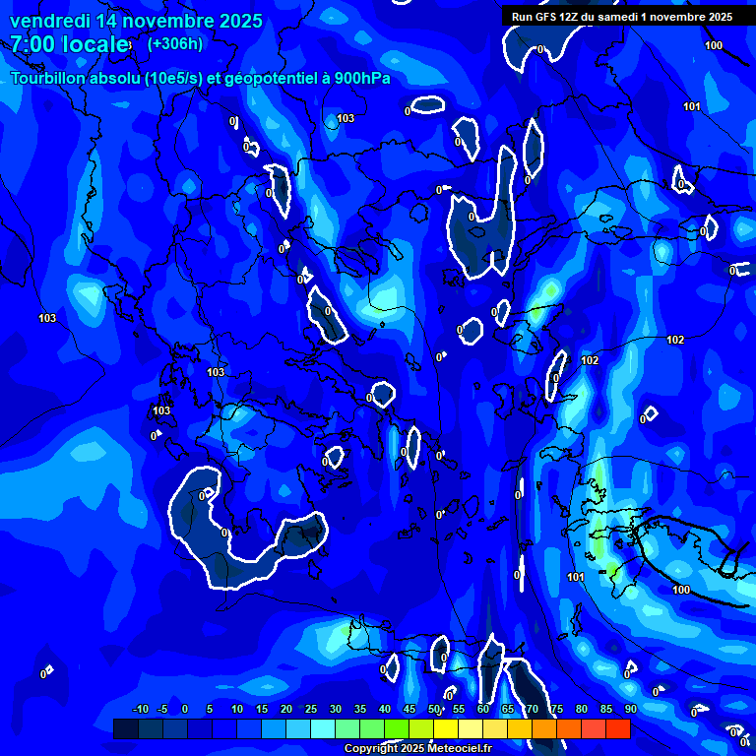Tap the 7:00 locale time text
point(69,44)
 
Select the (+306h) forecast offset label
point(175,43)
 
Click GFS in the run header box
point(547,17)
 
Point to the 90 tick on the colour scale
point(630,709)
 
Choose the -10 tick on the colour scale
point(140,709)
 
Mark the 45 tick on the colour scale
point(409,709)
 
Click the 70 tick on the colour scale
point(532,709)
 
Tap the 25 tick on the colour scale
point(311,709)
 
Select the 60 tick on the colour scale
point(483,709)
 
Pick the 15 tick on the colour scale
point(262,709)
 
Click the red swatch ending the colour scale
point(618,728)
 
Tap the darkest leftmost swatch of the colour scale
point(125,728)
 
